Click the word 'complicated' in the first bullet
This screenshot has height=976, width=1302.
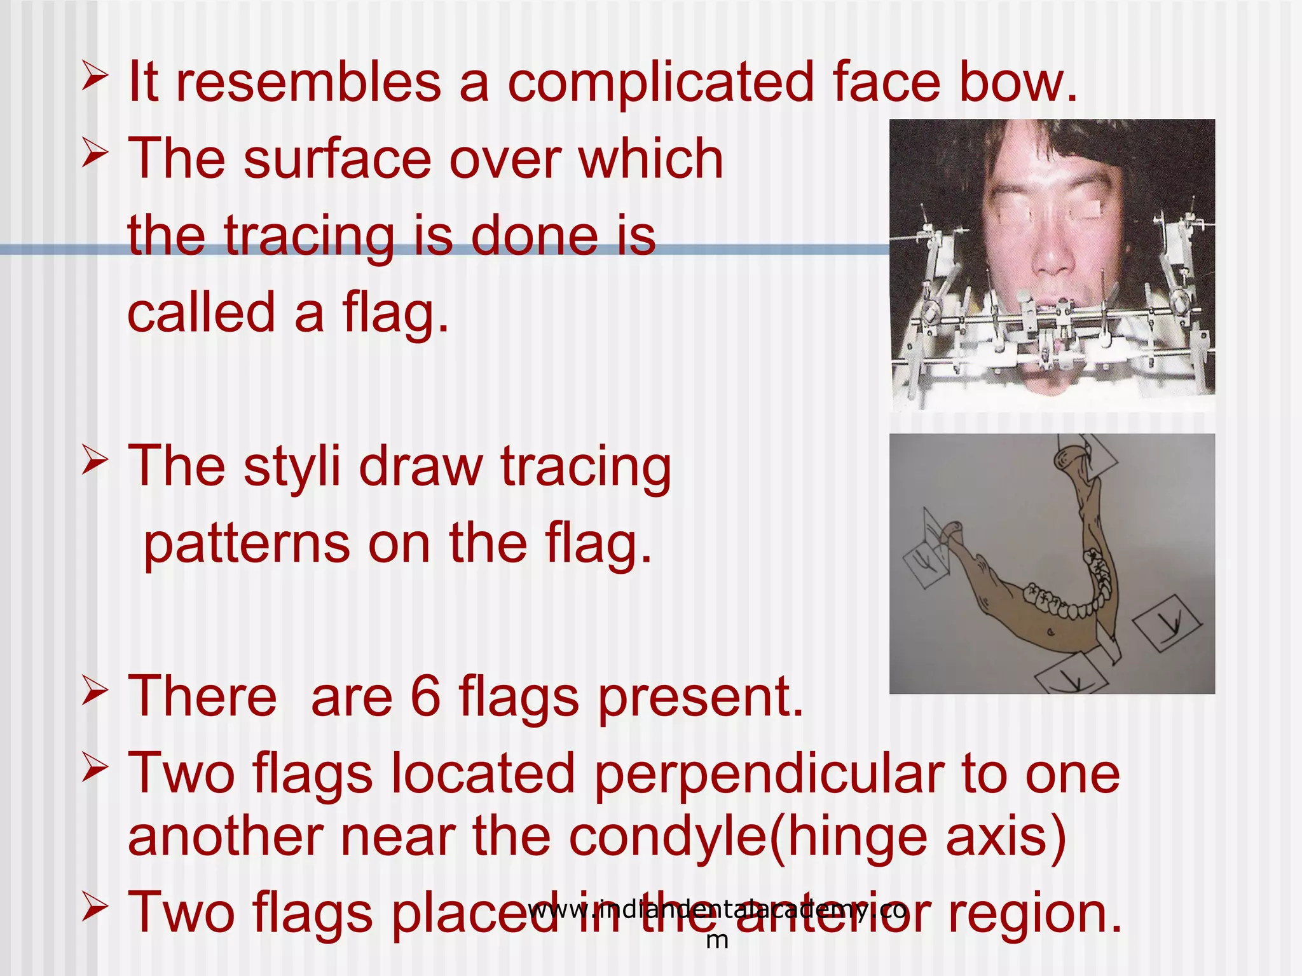[660, 83]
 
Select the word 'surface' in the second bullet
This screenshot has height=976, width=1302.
[337, 159]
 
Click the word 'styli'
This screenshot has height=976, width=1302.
[292, 467]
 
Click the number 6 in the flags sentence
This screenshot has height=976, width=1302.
[425, 696]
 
